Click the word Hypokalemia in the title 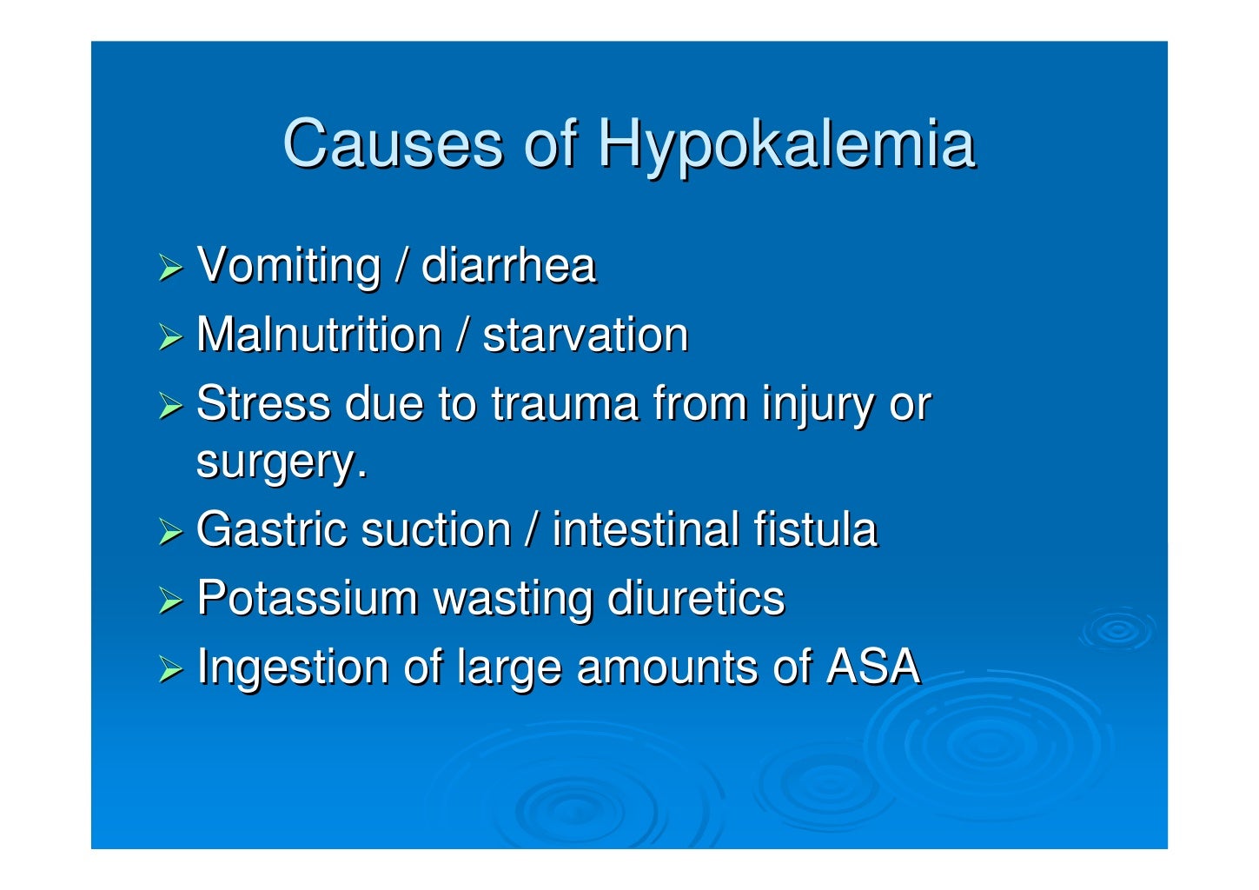(x=785, y=144)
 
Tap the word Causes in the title (x=393, y=143)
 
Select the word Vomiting (x=288, y=266)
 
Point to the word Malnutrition (x=319, y=335)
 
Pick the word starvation (x=585, y=335)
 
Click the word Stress (x=263, y=404)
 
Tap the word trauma (x=564, y=404)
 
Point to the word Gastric (x=267, y=529)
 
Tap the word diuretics (x=696, y=599)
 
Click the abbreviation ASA (x=872, y=667)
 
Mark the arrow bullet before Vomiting (x=170, y=269)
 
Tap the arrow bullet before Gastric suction (x=170, y=533)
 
